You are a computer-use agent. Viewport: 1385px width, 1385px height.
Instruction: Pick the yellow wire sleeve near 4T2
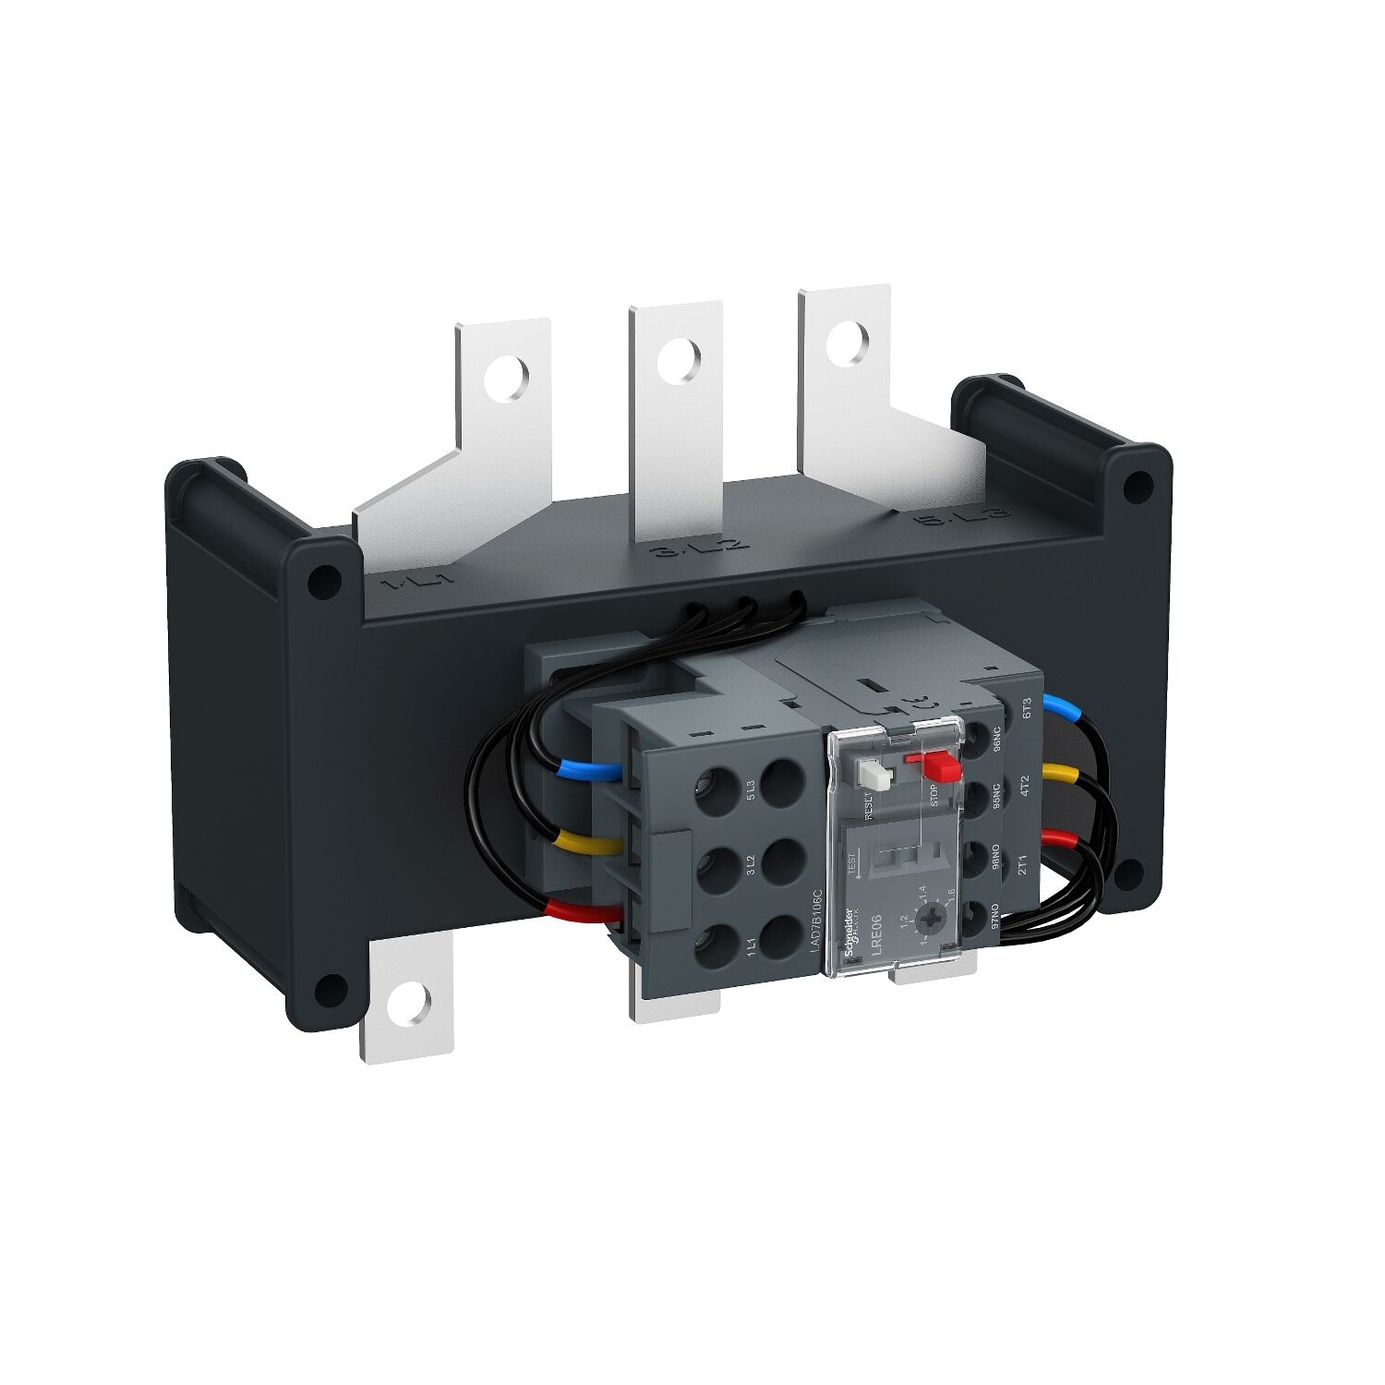point(1060,772)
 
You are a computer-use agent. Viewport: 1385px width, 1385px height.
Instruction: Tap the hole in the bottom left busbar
point(408,1003)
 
